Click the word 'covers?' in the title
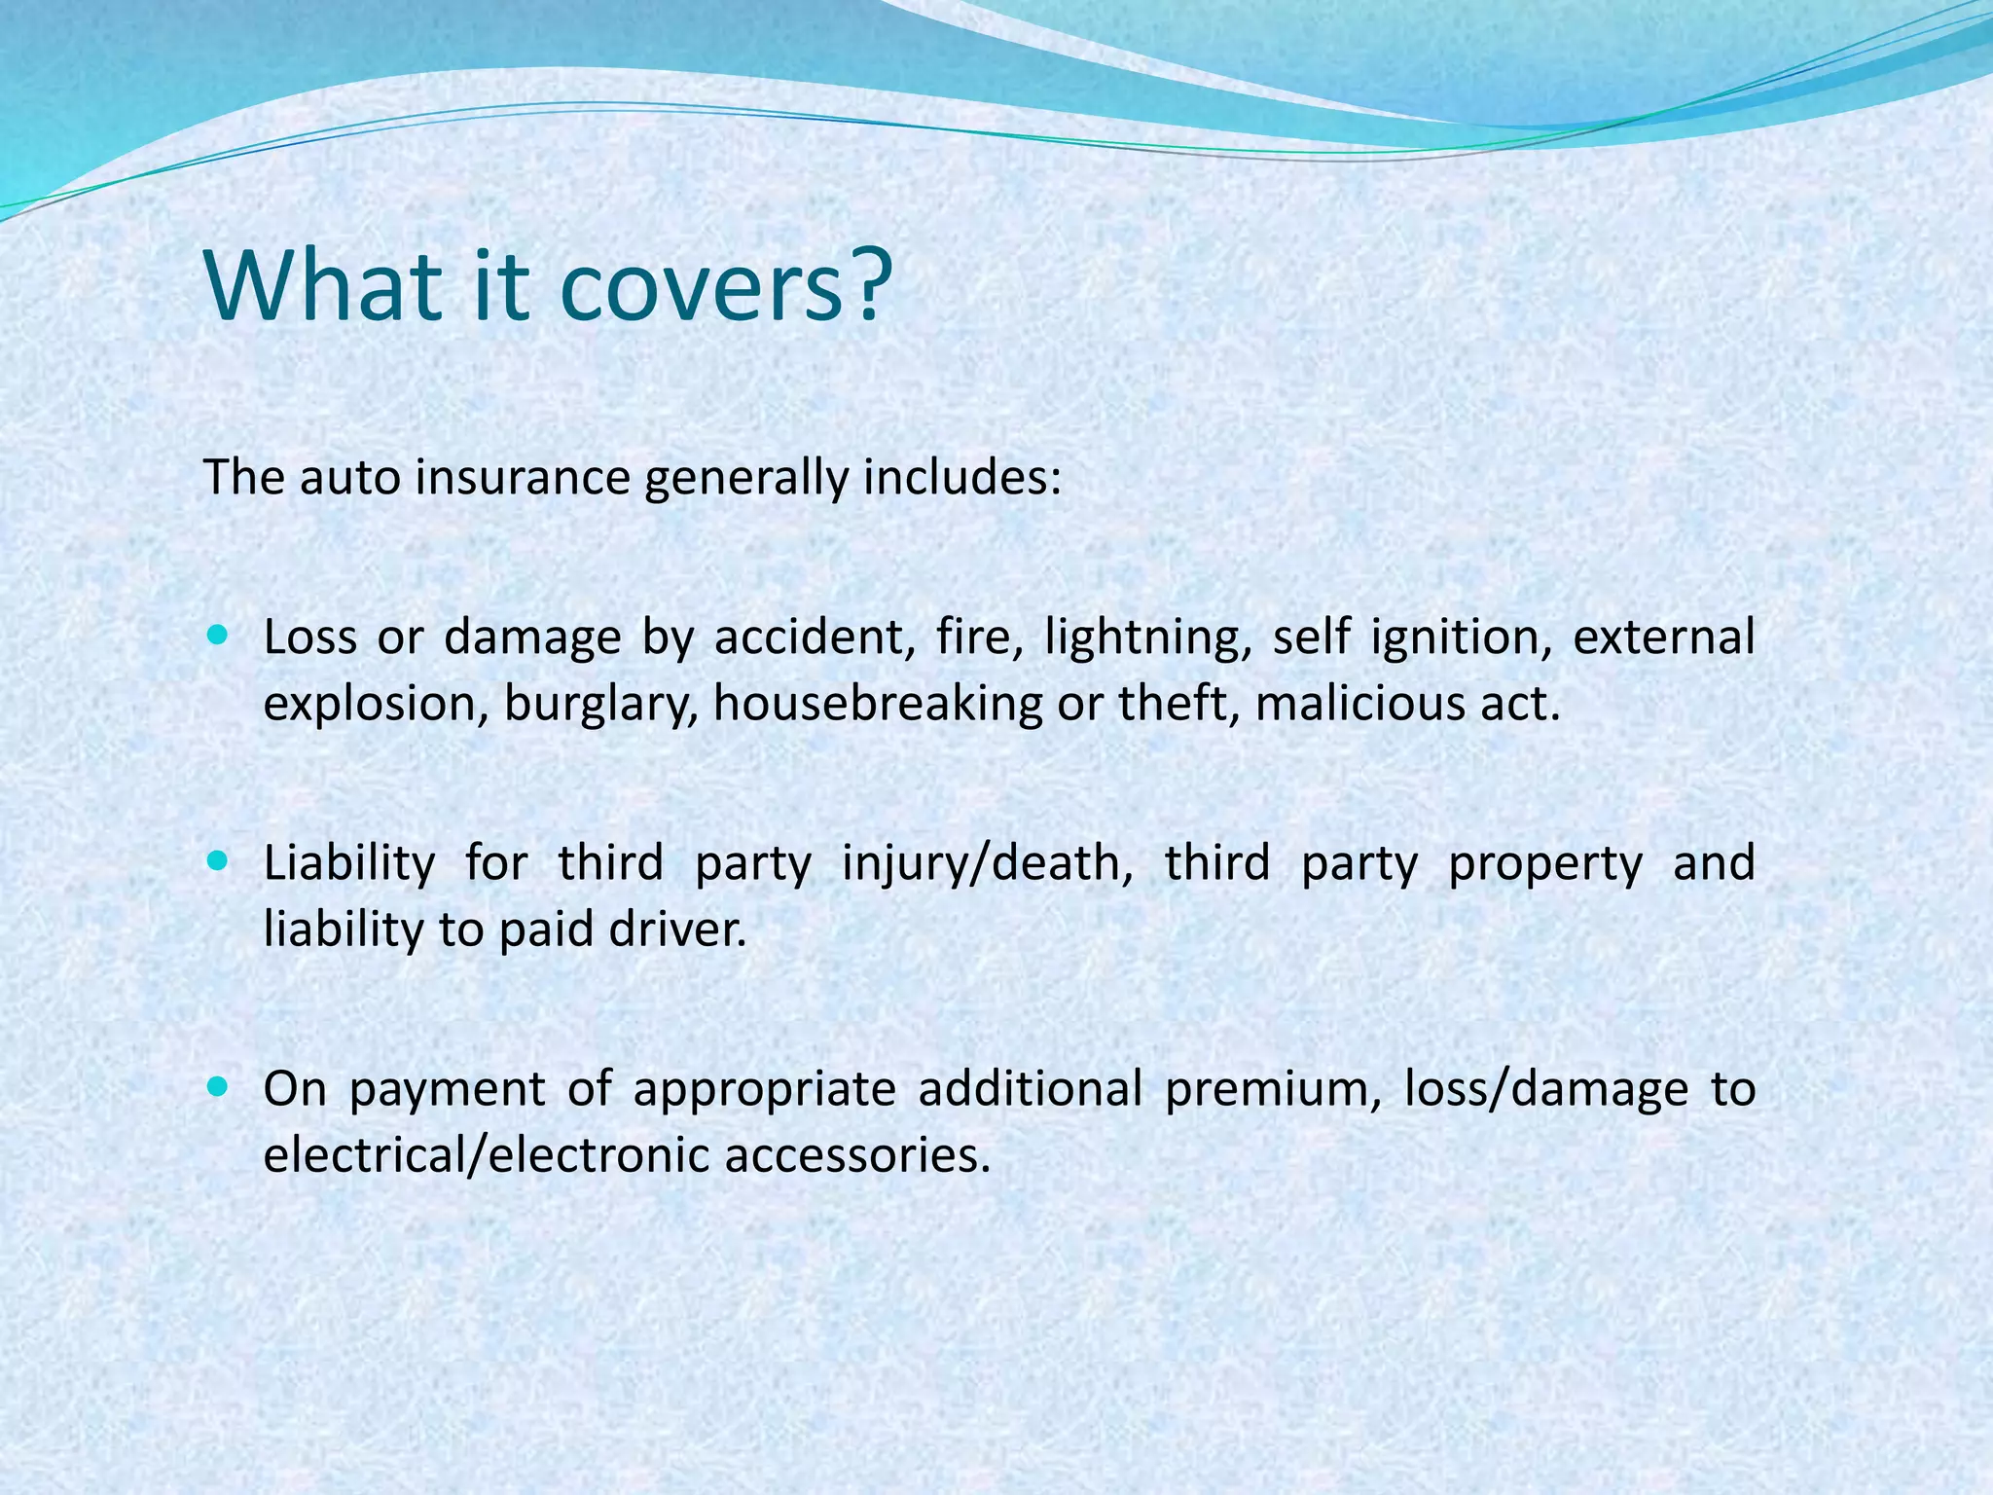[x=725, y=287]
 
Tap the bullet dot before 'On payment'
[x=217, y=1087]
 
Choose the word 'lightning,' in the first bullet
[x=1148, y=638]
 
